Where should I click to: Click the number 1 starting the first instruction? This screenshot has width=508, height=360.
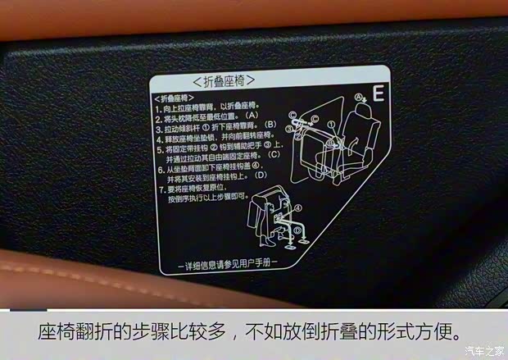[x=157, y=107]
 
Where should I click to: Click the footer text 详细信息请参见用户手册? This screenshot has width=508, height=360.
[x=228, y=262]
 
